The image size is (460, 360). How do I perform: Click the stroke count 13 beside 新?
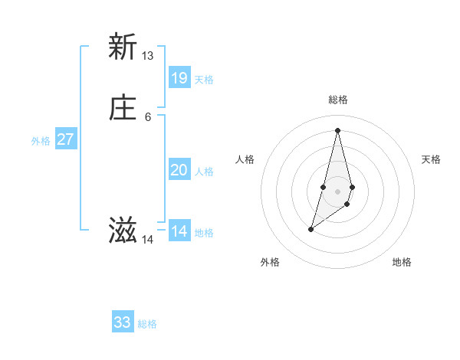[x=148, y=56]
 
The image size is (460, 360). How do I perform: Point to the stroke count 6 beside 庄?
[x=148, y=117]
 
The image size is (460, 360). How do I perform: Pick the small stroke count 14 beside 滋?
[x=148, y=240]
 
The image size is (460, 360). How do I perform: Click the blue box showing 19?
[x=179, y=77]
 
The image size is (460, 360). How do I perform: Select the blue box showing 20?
[x=179, y=170]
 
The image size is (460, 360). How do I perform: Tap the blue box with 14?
[x=179, y=231]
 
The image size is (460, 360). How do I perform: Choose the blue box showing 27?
[x=66, y=139]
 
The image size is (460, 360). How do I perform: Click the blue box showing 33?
[x=123, y=322]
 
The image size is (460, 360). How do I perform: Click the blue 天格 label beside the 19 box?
[x=204, y=80]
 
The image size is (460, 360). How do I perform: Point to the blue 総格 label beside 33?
[x=147, y=324]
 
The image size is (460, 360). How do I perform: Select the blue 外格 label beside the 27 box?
[x=41, y=141]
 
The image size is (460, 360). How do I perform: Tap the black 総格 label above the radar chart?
[x=338, y=100]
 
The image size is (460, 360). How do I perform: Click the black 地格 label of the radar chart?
[x=402, y=262]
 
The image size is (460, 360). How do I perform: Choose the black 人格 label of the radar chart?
[x=245, y=159]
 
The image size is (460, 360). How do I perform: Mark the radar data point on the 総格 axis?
[x=337, y=129]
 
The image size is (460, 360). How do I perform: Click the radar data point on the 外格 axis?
[x=310, y=229]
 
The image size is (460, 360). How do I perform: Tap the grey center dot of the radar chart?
[x=337, y=191]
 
